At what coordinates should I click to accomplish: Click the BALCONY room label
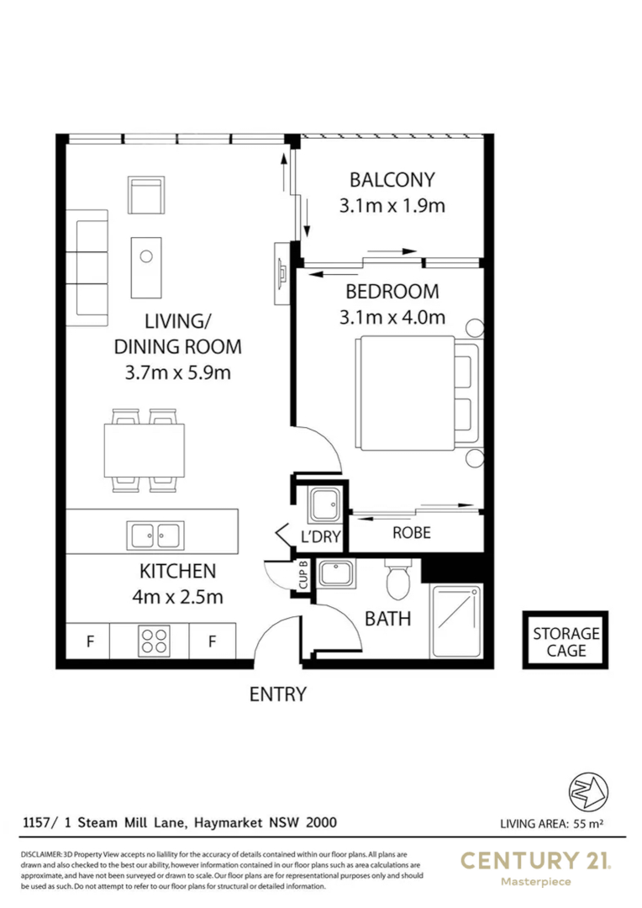tap(392, 179)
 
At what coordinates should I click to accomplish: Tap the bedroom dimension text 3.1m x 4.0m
tap(392, 317)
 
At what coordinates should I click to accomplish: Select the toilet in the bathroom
tap(396, 579)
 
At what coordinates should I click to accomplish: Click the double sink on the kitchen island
tap(155, 534)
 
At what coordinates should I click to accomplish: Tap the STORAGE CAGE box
tap(565, 641)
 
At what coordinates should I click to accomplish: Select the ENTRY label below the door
tap(277, 694)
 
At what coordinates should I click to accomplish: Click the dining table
tap(144, 450)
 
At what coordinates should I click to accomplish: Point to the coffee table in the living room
tap(146, 266)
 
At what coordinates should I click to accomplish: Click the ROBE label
tap(412, 532)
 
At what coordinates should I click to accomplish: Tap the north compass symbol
tap(587, 791)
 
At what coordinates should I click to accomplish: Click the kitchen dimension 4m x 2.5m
tap(177, 597)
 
